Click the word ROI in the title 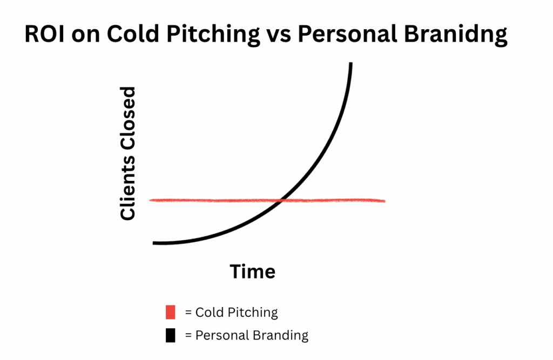coord(44,34)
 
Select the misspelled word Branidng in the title coord(456,35)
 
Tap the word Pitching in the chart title coord(213,35)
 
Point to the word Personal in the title coord(347,34)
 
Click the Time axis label coord(253,271)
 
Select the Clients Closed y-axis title coord(127,153)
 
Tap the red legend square coord(170,312)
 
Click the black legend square coord(170,335)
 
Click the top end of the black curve coord(351,64)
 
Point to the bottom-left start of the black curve coord(154,243)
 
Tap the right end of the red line coord(385,201)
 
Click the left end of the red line coord(150,200)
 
